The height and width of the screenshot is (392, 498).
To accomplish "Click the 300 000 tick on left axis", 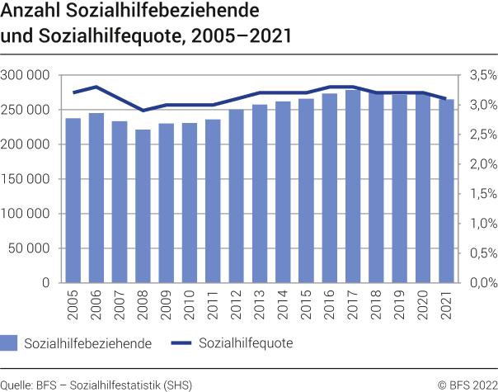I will coord(26,75).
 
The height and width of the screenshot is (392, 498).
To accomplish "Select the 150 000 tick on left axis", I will coord(26,178).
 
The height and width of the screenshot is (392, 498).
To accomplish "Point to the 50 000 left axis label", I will coord(29,248).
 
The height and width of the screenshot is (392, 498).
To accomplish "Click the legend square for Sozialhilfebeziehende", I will coord(9,342).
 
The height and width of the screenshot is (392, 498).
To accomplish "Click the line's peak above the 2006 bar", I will coord(96,87).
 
